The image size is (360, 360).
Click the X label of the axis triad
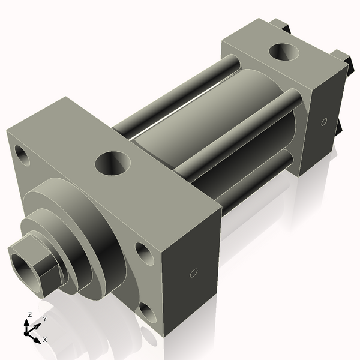click(x=45, y=340)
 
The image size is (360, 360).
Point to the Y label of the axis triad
click(x=45, y=319)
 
